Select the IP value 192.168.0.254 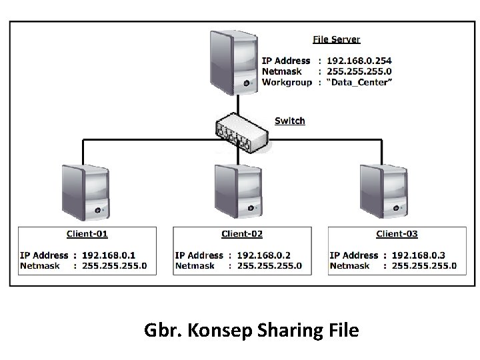click(x=359, y=61)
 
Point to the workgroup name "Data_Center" click(x=360, y=82)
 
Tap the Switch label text click(x=290, y=121)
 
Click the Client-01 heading click(x=87, y=233)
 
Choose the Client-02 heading click(x=242, y=233)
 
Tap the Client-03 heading click(x=397, y=233)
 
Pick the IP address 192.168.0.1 click(x=109, y=255)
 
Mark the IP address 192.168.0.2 click(x=264, y=255)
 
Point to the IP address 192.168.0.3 click(x=419, y=255)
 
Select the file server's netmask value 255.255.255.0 click(x=359, y=71)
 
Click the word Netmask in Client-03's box click(x=349, y=265)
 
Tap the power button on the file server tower click(x=247, y=84)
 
